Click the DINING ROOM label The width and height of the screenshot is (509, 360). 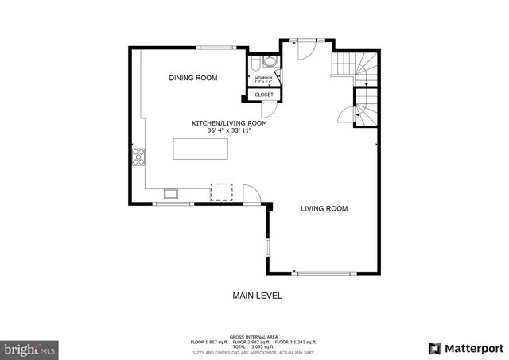(193, 78)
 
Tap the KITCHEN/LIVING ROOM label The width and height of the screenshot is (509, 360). (229, 123)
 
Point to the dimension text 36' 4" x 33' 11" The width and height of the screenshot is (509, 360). (229, 130)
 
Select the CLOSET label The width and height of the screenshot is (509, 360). (263, 95)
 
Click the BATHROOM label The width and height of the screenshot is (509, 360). (263, 78)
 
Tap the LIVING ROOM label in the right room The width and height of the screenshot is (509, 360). (324, 209)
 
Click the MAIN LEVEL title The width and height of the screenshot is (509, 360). (257, 296)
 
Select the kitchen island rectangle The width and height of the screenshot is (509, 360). (200, 149)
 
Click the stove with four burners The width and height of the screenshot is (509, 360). (138, 156)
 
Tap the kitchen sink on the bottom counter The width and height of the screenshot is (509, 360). (171, 192)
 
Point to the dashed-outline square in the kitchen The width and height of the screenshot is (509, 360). (220, 192)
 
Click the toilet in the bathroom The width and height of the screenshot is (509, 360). (254, 64)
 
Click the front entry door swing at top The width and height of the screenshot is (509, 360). (305, 49)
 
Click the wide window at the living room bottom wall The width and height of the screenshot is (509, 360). (322, 273)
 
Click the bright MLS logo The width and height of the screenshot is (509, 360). (30, 348)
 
